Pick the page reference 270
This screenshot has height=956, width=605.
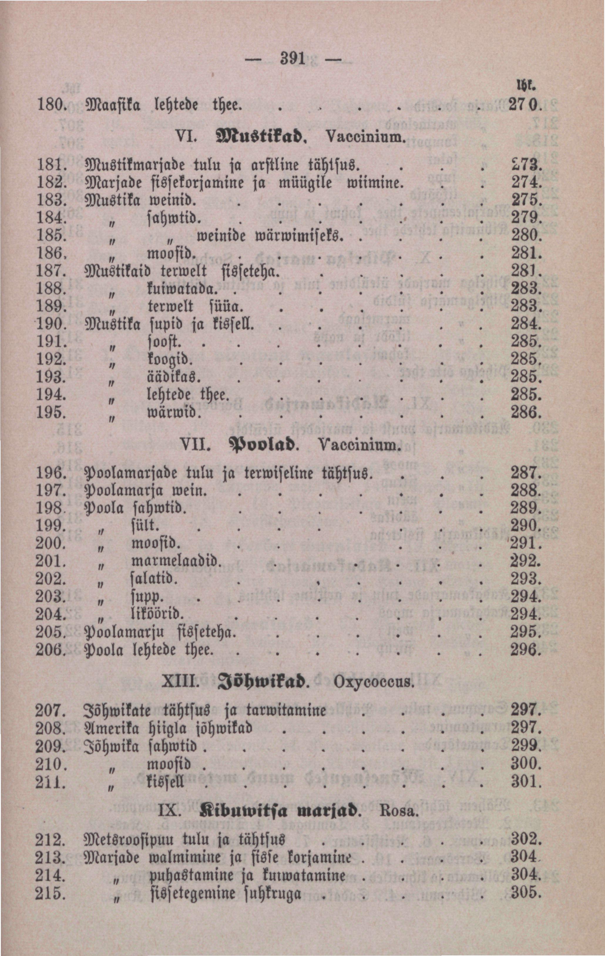(524, 106)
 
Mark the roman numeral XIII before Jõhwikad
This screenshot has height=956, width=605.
(179, 682)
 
